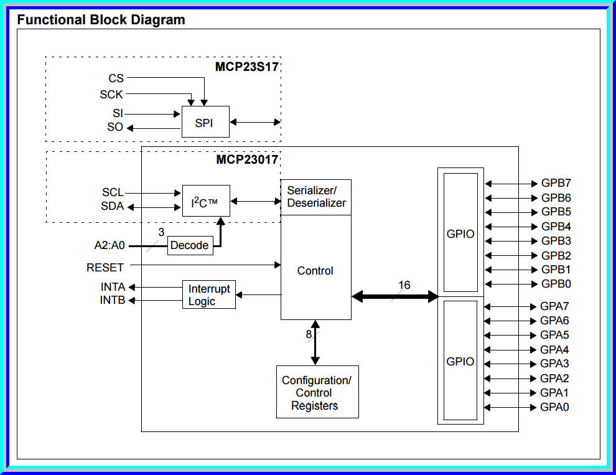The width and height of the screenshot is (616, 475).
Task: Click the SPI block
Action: (x=205, y=122)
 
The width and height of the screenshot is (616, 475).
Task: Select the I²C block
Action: (x=205, y=201)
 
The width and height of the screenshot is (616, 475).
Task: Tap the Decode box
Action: (x=190, y=245)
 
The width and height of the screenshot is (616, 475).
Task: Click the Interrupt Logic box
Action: (x=209, y=294)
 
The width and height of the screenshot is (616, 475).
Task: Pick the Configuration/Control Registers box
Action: (x=317, y=392)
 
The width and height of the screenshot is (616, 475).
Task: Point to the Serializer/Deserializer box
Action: (x=316, y=197)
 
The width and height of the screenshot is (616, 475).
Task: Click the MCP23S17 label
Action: (x=246, y=66)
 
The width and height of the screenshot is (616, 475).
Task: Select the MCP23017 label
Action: (x=246, y=159)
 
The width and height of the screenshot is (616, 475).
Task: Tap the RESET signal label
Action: (x=105, y=268)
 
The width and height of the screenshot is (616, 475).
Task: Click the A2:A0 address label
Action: (x=110, y=245)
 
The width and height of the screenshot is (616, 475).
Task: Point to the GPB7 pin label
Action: (x=556, y=184)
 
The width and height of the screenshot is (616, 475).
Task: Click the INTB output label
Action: (x=113, y=301)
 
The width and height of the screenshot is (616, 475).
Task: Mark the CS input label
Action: (x=116, y=78)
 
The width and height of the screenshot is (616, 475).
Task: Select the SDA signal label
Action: (x=113, y=206)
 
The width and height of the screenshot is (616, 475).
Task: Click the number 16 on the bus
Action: (x=404, y=285)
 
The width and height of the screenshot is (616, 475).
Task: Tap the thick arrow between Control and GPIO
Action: (x=394, y=297)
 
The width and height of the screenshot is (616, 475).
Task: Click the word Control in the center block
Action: (x=315, y=271)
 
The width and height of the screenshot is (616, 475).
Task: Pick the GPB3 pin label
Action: (x=556, y=241)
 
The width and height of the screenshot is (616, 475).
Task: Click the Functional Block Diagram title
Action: (x=101, y=20)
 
